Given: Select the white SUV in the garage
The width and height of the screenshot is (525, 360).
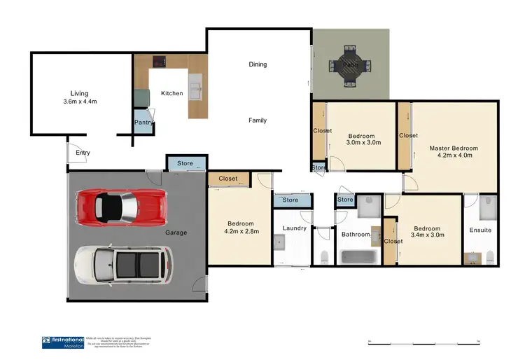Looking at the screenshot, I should [x=124, y=265].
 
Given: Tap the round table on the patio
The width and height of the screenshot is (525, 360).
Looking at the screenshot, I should [x=350, y=66].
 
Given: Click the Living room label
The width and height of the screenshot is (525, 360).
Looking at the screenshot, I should [x=80, y=93].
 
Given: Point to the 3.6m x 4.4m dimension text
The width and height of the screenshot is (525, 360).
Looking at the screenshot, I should [x=80, y=102].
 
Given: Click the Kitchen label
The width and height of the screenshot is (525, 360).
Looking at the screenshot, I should [x=171, y=93].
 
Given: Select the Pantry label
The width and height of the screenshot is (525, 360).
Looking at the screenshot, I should [x=143, y=123].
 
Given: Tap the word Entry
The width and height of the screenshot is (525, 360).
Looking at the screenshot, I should [x=83, y=153].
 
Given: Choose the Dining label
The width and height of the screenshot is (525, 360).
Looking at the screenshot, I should [x=258, y=64].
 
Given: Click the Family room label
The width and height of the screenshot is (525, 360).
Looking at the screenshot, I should [x=258, y=120].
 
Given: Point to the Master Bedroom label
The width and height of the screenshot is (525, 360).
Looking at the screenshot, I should [x=454, y=148].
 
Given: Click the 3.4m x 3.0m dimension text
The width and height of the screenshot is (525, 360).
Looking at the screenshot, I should [x=426, y=236].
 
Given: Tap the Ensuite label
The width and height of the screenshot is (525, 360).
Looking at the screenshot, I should [x=480, y=230].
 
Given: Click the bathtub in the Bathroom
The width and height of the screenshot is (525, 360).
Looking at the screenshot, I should [x=359, y=256].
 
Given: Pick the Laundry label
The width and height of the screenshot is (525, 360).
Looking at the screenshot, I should [x=295, y=228].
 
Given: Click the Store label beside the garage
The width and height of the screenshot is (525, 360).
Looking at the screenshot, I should [x=185, y=164].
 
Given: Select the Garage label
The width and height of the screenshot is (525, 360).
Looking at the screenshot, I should [x=176, y=233].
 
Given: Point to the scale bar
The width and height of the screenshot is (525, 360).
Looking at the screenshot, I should [x=422, y=342].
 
